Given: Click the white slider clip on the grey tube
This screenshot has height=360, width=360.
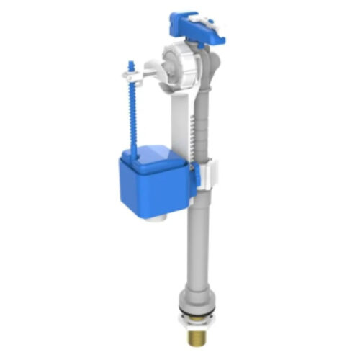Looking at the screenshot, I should click(210, 173).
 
